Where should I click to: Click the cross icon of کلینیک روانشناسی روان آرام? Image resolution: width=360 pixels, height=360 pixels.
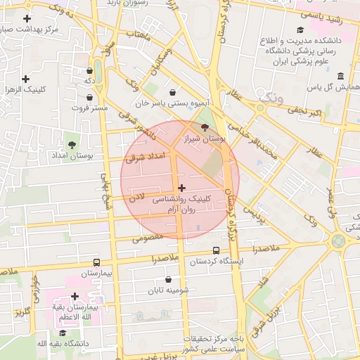coord(182,188)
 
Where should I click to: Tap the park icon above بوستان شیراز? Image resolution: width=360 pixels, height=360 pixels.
coord(205,127)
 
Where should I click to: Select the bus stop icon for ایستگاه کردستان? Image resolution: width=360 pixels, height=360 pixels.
coord(216,250)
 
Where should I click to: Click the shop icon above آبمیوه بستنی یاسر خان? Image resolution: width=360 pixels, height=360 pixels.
coord(173,91)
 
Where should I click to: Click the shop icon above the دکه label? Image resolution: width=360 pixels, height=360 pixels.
coord(89,71)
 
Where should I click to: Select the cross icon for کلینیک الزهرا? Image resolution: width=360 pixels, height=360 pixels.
coord(26,79)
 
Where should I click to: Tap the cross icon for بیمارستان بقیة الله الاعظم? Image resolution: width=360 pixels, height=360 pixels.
coord(75,297)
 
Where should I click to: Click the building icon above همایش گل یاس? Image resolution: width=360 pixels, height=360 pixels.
coord(340,76)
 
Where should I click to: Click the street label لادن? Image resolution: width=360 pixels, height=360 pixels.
coord(137,200)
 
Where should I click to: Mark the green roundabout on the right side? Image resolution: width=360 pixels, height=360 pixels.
coord(338,241)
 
